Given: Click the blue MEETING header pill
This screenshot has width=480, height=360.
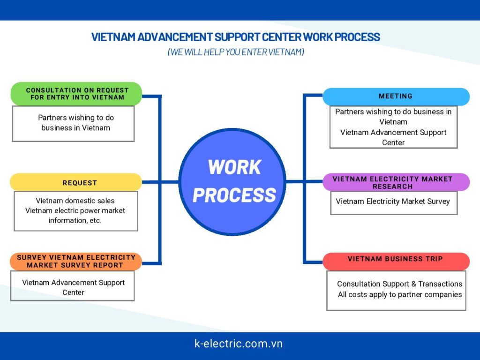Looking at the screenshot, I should (x=396, y=97).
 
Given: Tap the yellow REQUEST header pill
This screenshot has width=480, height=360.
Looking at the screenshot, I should (x=76, y=182).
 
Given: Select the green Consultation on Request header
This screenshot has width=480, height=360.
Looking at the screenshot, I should (x=76, y=94).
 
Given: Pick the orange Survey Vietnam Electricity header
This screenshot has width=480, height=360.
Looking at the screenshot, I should (x=76, y=262).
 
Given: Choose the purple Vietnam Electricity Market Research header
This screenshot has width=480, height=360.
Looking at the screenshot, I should (x=396, y=182).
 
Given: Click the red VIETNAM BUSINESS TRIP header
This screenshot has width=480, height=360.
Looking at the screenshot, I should (x=396, y=259).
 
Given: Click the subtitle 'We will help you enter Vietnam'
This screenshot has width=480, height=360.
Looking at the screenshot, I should (x=236, y=52).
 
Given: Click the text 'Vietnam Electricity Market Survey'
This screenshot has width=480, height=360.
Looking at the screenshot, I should (x=393, y=202).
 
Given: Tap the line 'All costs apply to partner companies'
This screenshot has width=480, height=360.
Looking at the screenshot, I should (x=400, y=294).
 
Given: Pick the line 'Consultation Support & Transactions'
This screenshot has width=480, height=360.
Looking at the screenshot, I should (x=399, y=284).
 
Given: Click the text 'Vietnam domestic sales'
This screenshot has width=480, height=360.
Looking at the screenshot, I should (x=75, y=201).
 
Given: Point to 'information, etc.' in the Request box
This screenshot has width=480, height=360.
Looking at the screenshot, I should (x=75, y=220).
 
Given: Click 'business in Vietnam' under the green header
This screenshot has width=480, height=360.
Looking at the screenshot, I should (x=75, y=127).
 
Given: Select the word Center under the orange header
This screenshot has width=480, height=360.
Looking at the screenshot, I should (x=74, y=292).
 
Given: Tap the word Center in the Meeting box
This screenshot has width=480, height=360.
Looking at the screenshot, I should (x=393, y=142).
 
